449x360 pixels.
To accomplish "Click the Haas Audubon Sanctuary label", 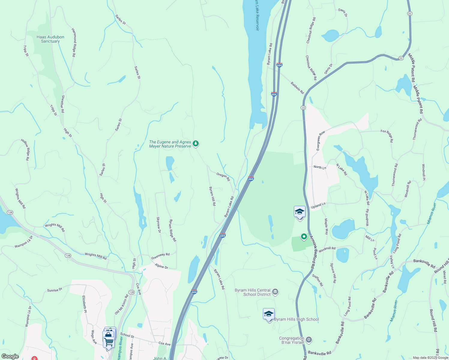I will pyautogui.click(x=50, y=39).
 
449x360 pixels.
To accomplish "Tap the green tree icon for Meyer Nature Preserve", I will pyautogui.click(x=196, y=144).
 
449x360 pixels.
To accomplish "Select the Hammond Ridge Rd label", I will pyautogui.click(x=74, y=43).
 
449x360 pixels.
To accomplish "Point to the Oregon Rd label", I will pyautogui.click(x=223, y=177).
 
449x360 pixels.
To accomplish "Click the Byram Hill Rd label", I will pyautogui.click(x=212, y=196).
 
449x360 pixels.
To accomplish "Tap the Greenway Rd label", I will pyautogui.click(x=160, y=256).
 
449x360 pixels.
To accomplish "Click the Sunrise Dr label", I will pyautogui.click(x=55, y=290).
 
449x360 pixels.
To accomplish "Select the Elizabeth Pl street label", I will pyautogui.click(x=85, y=304).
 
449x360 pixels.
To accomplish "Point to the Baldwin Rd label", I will pyautogui.click(x=297, y=88).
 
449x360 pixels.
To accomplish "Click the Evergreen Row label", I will pyautogui.click(x=321, y=140).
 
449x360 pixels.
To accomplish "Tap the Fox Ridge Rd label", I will pyautogui.click(x=387, y=136).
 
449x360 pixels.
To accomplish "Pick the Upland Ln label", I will pyautogui.click(x=318, y=205).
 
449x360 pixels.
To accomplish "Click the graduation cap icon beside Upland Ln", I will pyautogui.click(x=300, y=212).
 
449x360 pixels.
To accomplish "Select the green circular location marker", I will pyautogui.click(x=304, y=237).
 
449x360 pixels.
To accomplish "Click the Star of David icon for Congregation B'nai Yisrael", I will pyautogui.click(x=309, y=340).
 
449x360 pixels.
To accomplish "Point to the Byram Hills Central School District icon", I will pyautogui.click(x=275, y=292).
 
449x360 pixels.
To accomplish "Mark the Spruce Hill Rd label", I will pyautogui.click(x=333, y=273).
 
